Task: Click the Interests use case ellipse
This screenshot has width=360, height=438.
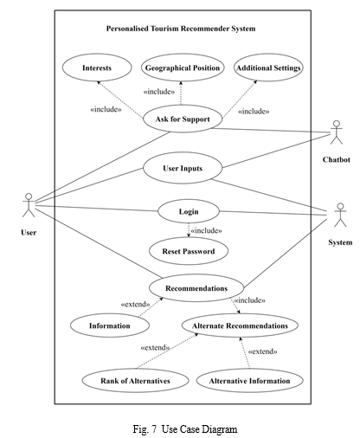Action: click(97, 68)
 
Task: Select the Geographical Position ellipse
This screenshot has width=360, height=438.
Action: click(183, 68)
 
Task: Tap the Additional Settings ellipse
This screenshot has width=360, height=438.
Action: click(268, 68)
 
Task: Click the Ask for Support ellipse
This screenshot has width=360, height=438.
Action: click(183, 119)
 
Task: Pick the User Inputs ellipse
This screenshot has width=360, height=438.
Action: click(183, 168)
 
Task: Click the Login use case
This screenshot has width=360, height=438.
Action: click(189, 211)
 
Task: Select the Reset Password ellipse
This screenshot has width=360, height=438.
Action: click(189, 251)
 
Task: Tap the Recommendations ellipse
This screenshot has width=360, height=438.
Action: click(196, 288)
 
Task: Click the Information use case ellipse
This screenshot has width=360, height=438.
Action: click(110, 325)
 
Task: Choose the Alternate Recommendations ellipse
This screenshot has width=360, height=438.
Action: click(240, 325)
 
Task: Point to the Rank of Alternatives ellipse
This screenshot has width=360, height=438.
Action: click(135, 381)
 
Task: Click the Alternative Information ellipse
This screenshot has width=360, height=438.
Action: click(249, 381)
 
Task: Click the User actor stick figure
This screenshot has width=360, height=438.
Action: click(29, 205)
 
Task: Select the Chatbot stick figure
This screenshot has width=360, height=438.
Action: click(337, 132)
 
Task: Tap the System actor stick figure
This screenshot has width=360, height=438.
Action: click(340, 215)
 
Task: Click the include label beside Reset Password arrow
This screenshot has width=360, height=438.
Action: click(207, 230)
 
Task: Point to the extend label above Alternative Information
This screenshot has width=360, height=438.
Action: click(263, 351)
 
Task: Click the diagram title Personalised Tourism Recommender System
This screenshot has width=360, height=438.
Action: click(181, 29)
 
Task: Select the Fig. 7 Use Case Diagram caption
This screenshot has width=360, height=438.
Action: click(185, 429)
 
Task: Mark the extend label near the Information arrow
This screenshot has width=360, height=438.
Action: click(135, 305)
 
